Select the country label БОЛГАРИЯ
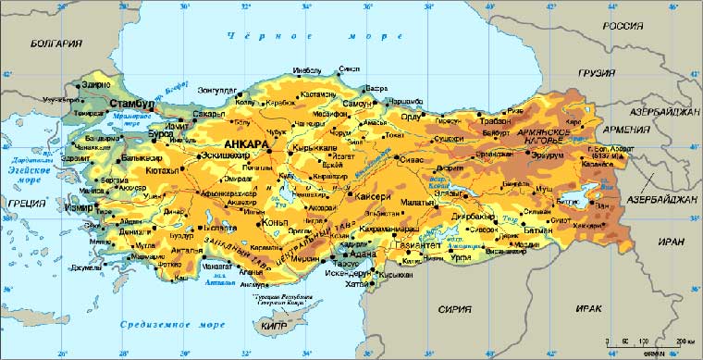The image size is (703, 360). coord(55,43)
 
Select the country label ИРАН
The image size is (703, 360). coord(672,242)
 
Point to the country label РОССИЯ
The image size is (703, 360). coord(623,26)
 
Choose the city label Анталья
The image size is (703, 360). coord(187,249)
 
